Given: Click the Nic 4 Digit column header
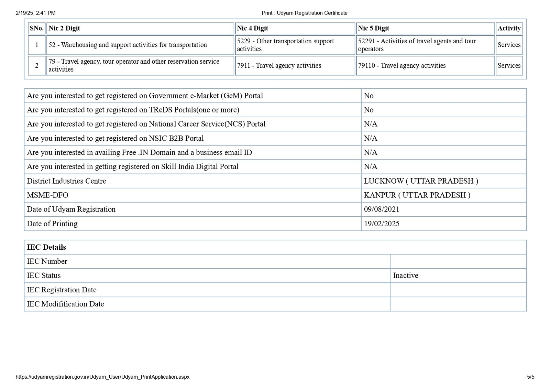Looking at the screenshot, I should tap(253, 28).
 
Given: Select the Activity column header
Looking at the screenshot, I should tap(509, 28).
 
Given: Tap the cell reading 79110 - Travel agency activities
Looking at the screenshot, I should tap(401, 65).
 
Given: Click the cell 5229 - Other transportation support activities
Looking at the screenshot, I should tap(285, 45).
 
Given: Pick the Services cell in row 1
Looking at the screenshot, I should tap(509, 45).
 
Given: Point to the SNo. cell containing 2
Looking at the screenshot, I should tap(37, 65).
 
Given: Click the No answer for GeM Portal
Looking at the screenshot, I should tap(368, 96).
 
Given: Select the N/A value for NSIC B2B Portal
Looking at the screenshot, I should tap(371, 138).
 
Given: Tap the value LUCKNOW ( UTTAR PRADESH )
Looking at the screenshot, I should tap(421, 181).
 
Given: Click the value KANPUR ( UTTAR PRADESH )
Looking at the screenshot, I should tap(417, 195).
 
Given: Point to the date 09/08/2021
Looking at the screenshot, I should tap(382, 209).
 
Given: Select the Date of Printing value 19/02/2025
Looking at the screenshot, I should tap(382, 224).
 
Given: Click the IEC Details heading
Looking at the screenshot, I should tap(46, 247).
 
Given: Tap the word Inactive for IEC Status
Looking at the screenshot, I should tap(406, 275).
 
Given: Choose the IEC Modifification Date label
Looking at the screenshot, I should tap(65, 304).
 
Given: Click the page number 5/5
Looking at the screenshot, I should tap(530, 377).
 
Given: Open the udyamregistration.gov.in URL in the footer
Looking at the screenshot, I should tap(102, 377).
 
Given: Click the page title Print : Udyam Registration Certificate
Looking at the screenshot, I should tap(305, 13).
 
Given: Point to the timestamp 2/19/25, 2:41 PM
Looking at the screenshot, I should tap(35, 13).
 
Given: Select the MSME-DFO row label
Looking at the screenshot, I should tap(47, 195).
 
